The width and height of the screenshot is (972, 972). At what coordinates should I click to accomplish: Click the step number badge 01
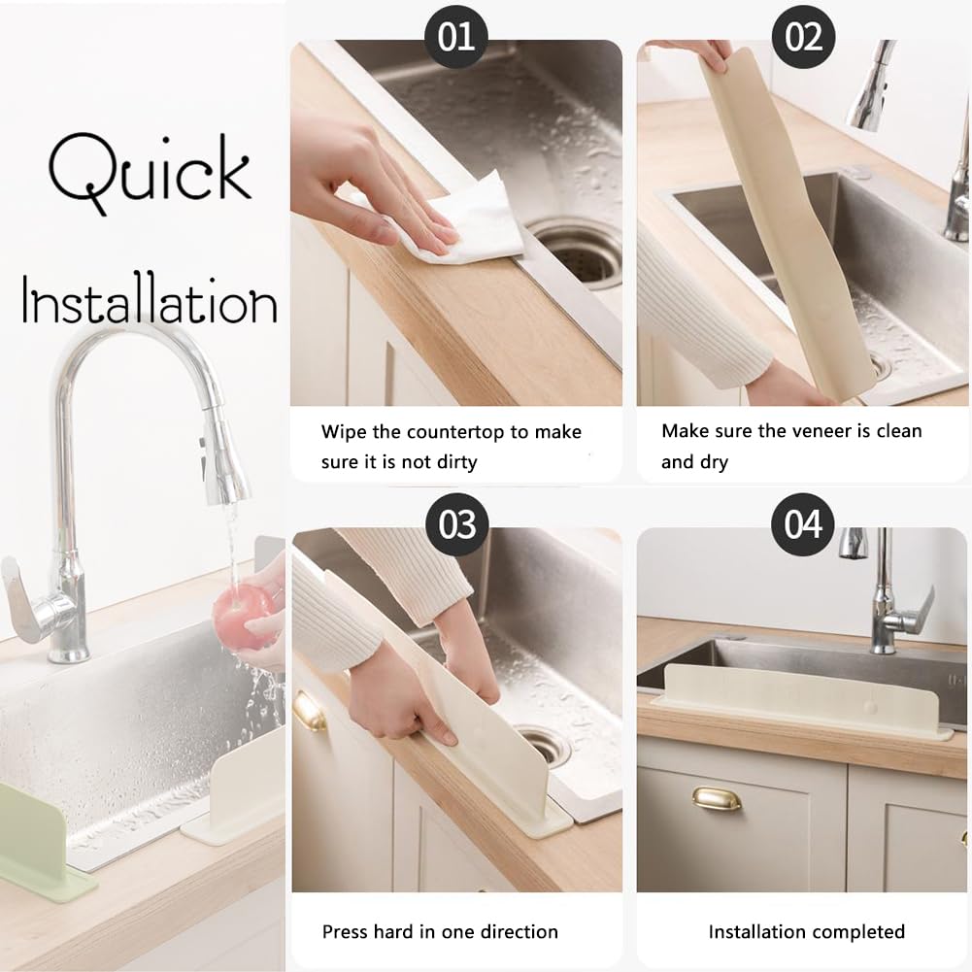point(456,37)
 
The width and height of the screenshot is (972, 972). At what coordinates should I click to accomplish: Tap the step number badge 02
point(803,37)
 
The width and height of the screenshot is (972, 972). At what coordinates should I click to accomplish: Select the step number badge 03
point(457,524)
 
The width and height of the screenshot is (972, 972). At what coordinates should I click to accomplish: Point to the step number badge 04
point(803,524)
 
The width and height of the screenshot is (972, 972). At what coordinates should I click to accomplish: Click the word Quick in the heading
point(150,172)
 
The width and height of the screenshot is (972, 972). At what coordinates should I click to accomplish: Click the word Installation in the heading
point(150,301)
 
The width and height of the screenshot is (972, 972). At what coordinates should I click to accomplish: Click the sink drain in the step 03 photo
point(544,744)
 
